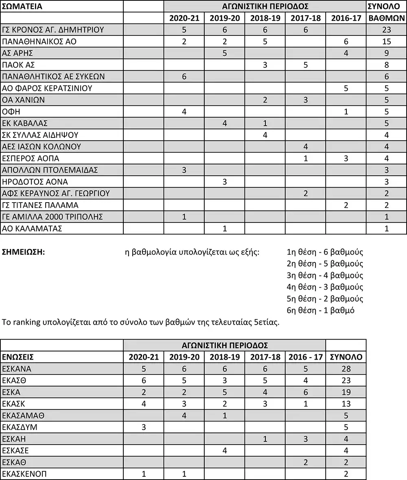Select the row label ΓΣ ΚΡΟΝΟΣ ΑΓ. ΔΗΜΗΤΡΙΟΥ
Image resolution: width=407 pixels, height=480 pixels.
click(x=53, y=30)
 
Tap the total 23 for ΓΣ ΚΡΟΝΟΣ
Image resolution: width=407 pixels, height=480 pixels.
click(x=386, y=30)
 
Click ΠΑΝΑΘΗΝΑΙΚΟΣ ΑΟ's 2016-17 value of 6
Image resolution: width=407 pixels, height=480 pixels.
click(x=346, y=41)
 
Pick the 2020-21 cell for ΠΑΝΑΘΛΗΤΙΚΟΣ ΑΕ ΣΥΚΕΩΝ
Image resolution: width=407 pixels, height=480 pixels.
click(x=184, y=76)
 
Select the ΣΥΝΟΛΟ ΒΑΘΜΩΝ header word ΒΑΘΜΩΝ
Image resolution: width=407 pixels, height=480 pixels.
click(x=386, y=18)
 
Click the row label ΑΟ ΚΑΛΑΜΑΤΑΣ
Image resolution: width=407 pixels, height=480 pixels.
click(x=32, y=229)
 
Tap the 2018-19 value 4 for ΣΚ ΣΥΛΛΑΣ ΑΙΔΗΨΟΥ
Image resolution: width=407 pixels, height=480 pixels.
click(x=265, y=135)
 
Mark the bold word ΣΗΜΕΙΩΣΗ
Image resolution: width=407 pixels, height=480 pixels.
click(x=23, y=252)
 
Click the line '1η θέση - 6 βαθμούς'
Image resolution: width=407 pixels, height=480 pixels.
click(x=325, y=252)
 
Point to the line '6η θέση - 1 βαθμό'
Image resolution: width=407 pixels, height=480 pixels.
click(x=321, y=311)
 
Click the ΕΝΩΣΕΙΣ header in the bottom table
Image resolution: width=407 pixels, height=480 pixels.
click(x=18, y=357)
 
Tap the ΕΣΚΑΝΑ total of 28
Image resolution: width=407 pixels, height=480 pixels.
click(x=346, y=369)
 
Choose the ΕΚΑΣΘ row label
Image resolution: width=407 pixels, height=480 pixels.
click(x=15, y=381)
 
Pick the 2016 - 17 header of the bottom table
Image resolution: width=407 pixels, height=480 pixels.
click(x=305, y=357)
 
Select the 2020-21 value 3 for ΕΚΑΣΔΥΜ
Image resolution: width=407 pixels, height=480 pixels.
click(x=143, y=427)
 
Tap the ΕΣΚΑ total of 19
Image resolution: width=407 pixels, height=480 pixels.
click(x=346, y=392)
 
